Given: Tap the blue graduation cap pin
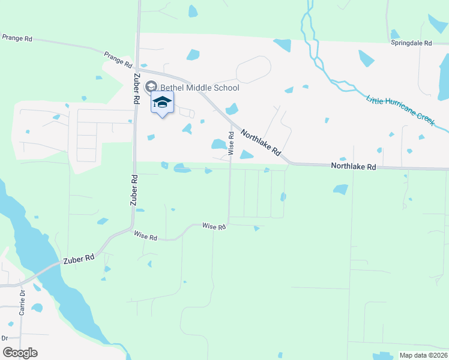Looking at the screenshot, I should pos(162,103).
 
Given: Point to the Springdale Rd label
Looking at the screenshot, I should pos(411,43).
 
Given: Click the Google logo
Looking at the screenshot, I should pos(20,353).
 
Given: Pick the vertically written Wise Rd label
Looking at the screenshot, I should pos(231,143).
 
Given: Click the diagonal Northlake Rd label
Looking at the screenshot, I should pos(261,143).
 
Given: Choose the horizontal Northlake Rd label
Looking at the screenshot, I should pos(353,167).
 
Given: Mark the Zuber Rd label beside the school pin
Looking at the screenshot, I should pos(137,90).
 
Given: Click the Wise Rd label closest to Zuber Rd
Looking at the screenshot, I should pos(146,236).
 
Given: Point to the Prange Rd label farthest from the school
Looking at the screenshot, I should pos(16,38).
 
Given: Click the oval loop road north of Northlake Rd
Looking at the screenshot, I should pos(253,70).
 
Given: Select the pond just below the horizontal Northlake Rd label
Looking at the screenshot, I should pos(340,190).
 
